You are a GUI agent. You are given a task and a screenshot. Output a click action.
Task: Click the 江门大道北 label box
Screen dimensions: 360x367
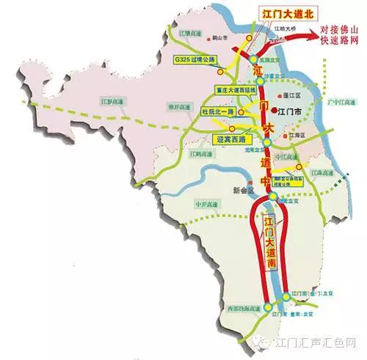(x=264, y=14)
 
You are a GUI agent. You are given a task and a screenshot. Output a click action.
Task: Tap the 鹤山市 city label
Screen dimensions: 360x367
(x=217, y=43)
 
